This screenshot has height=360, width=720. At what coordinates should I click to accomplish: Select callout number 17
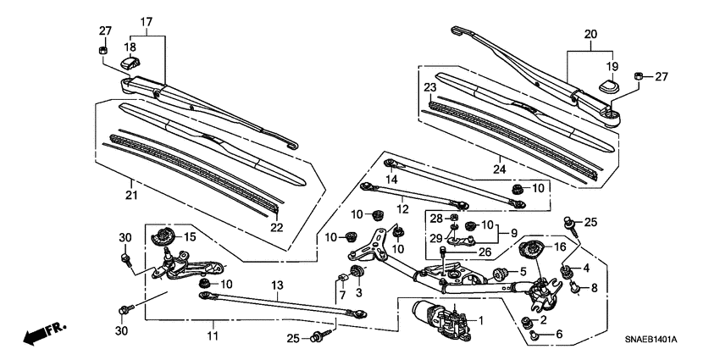pos(147,21)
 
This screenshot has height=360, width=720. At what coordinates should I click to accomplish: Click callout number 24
pos(500,168)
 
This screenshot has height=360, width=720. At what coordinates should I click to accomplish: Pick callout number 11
pos(213,336)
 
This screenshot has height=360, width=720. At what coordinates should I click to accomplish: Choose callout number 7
pos(342,294)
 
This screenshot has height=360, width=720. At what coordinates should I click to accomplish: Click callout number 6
pos(558,334)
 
